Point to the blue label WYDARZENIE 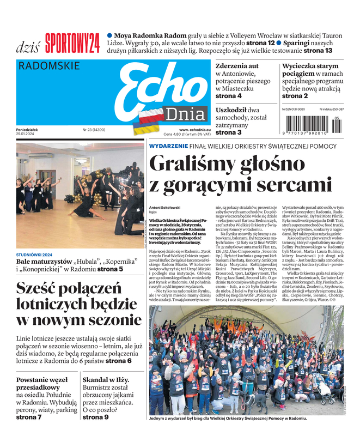pos(169,146)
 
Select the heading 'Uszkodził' pos(231,110)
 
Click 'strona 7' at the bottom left pos(29,417)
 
